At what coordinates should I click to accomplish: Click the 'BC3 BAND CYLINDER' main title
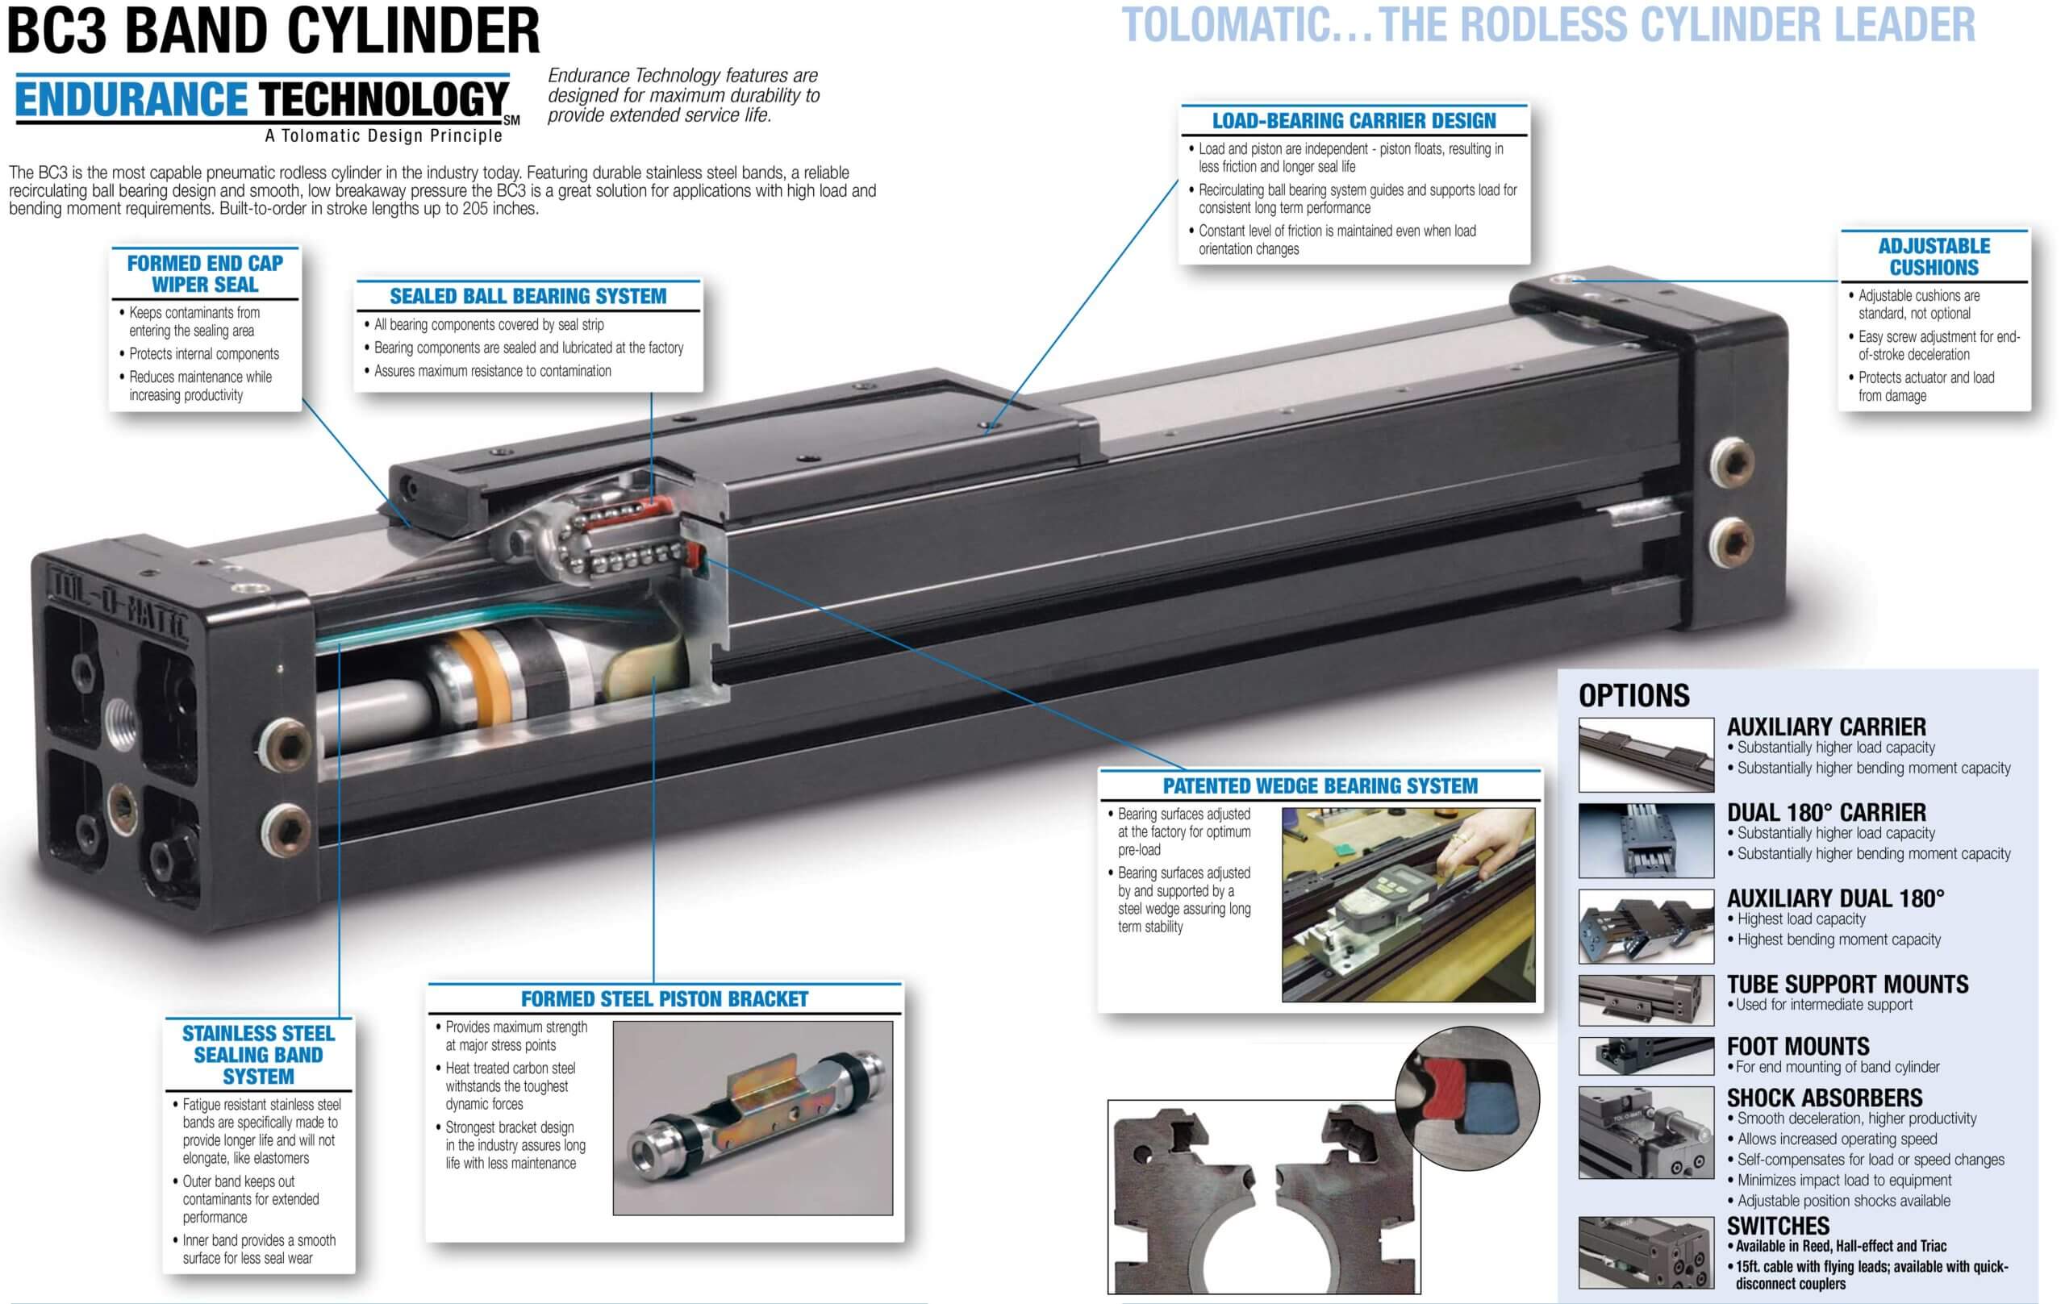(x=273, y=31)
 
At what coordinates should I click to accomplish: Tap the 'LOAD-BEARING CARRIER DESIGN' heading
(x=1354, y=121)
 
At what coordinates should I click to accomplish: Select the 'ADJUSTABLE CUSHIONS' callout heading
(x=1934, y=256)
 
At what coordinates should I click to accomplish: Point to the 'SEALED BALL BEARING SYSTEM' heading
(x=528, y=297)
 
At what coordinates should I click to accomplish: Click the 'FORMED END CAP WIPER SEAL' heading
(x=205, y=273)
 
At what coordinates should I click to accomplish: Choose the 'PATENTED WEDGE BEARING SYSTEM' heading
(x=1320, y=786)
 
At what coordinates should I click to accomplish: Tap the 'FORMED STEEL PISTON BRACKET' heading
(x=665, y=999)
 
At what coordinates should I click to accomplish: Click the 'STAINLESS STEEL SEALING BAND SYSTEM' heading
(x=258, y=1055)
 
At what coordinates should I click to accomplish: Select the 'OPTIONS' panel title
(x=1633, y=695)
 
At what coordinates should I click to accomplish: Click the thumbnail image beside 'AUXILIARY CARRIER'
(x=1646, y=755)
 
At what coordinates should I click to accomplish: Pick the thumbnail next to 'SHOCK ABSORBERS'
(x=1646, y=1132)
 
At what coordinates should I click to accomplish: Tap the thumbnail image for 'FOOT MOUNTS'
(x=1646, y=1056)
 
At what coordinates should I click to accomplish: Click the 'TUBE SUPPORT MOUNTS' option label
(x=1847, y=984)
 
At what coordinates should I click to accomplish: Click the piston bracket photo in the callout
(x=752, y=1117)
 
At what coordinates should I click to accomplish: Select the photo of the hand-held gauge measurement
(x=1408, y=905)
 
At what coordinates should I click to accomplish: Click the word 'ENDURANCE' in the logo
(x=131, y=99)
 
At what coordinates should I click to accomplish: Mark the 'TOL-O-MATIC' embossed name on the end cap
(x=120, y=607)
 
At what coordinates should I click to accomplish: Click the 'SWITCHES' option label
(x=1778, y=1226)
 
